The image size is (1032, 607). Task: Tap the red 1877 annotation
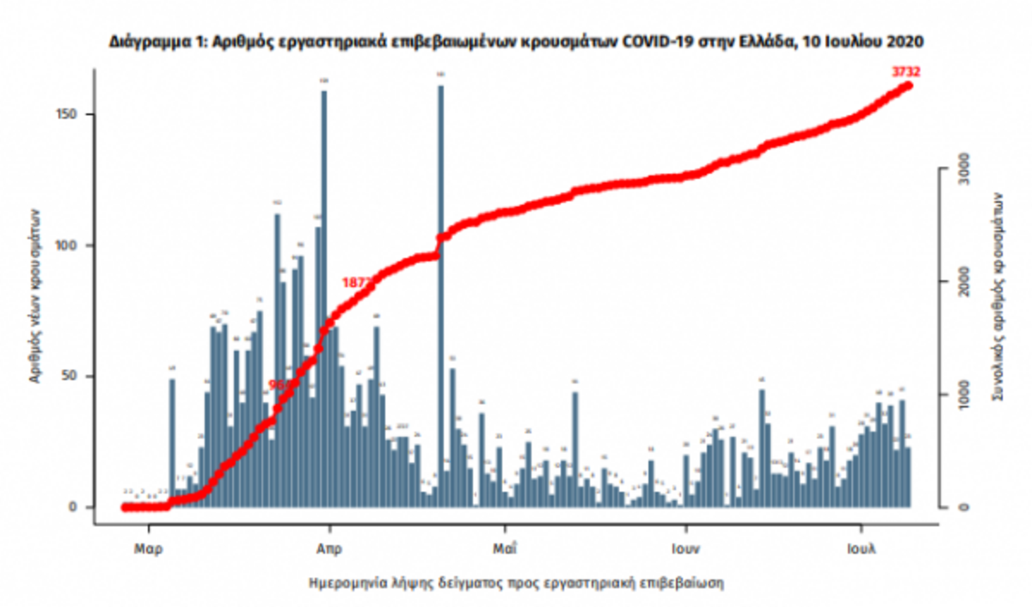(x=355, y=282)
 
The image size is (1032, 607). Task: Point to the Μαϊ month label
(x=505, y=548)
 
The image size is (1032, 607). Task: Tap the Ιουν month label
(x=685, y=548)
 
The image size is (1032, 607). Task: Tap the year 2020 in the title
(x=905, y=40)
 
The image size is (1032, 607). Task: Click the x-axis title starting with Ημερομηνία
(x=516, y=583)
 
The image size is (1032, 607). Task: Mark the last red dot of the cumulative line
(x=908, y=85)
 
